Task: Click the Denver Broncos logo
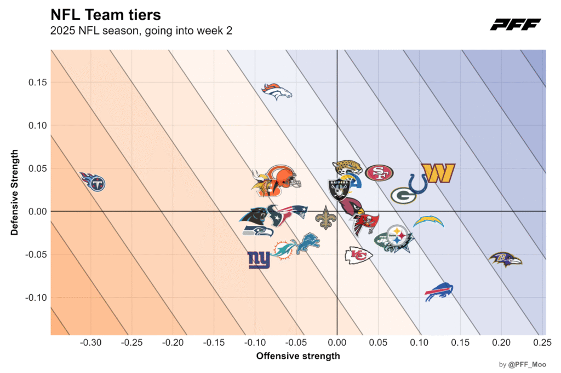click(x=277, y=92)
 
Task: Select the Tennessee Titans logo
click(x=92, y=181)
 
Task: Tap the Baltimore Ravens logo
click(x=505, y=259)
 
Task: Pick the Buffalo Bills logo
click(x=439, y=292)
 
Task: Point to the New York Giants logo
click(x=259, y=260)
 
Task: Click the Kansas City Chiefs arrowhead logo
click(x=358, y=255)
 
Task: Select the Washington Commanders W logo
click(x=438, y=173)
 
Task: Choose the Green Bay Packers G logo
click(x=403, y=195)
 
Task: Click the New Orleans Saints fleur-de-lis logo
click(x=325, y=218)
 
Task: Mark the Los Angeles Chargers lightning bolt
click(x=428, y=222)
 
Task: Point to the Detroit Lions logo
click(x=308, y=243)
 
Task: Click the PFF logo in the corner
click(x=515, y=25)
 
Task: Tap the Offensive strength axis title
click(x=298, y=356)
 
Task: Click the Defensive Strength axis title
click(x=15, y=192)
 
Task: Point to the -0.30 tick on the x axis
click(x=90, y=343)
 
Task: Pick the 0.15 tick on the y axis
click(x=37, y=82)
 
